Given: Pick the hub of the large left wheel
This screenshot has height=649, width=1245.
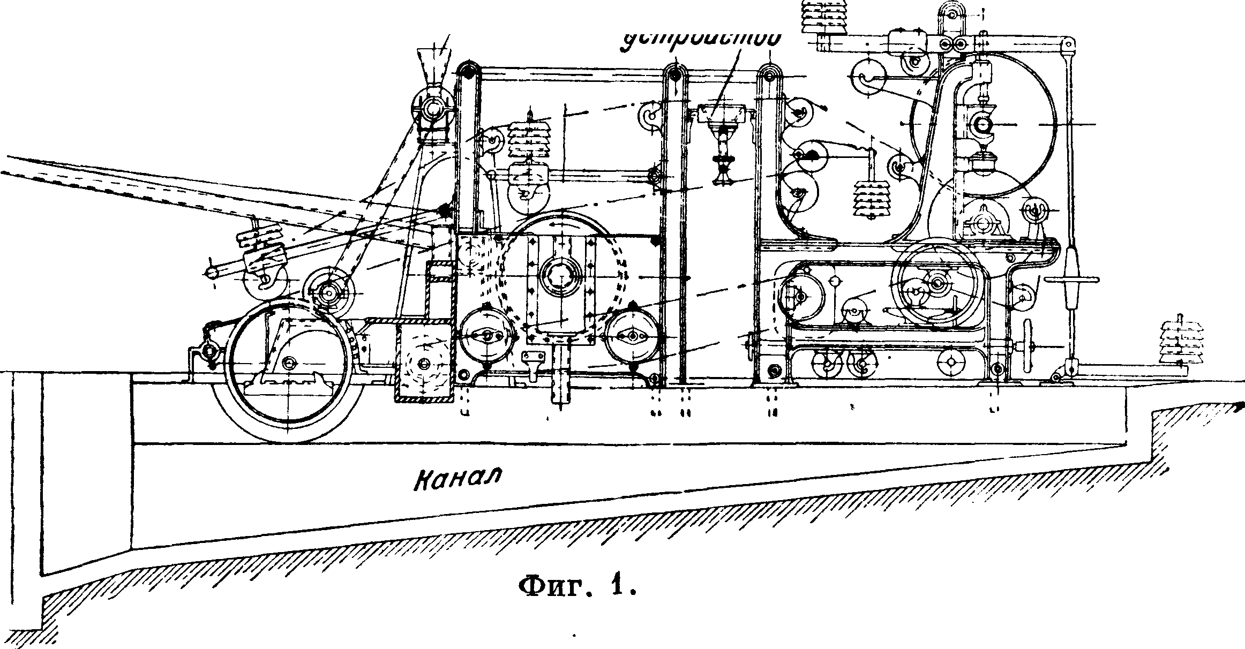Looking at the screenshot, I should click(290, 363).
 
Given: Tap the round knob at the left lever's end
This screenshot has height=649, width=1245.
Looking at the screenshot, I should click(212, 273).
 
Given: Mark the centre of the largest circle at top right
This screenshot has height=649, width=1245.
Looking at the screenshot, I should click(984, 124).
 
